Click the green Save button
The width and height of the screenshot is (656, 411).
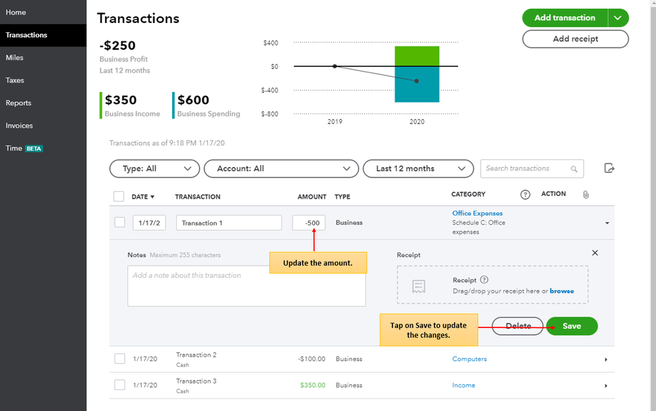tap(571, 326)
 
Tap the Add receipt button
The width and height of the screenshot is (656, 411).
tap(575, 39)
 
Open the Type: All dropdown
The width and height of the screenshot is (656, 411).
tap(154, 168)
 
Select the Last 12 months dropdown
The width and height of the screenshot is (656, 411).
tap(418, 168)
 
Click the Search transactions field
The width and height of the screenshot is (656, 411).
tap(532, 168)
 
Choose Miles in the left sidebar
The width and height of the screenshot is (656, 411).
tap(14, 58)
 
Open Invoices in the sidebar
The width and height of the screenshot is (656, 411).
tap(19, 126)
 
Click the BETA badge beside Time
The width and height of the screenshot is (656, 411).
tap(34, 149)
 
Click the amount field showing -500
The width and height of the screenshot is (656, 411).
tap(309, 223)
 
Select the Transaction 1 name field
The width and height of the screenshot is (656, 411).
tap(229, 223)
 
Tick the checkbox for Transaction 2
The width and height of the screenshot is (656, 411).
tap(120, 358)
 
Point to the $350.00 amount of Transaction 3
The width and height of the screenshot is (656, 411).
tap(312, 385)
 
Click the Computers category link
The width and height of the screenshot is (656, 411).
tap(469, 359)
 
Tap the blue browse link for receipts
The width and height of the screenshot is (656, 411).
tap(562, 291)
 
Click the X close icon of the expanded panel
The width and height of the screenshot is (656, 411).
tap(595, 253)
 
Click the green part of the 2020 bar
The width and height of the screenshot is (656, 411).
tap(417, 56)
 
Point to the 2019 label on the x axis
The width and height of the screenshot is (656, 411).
tap(335, 122)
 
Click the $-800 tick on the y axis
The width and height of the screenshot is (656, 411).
tap(269, 114)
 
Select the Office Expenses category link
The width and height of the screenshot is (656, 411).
tap(477, 213)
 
